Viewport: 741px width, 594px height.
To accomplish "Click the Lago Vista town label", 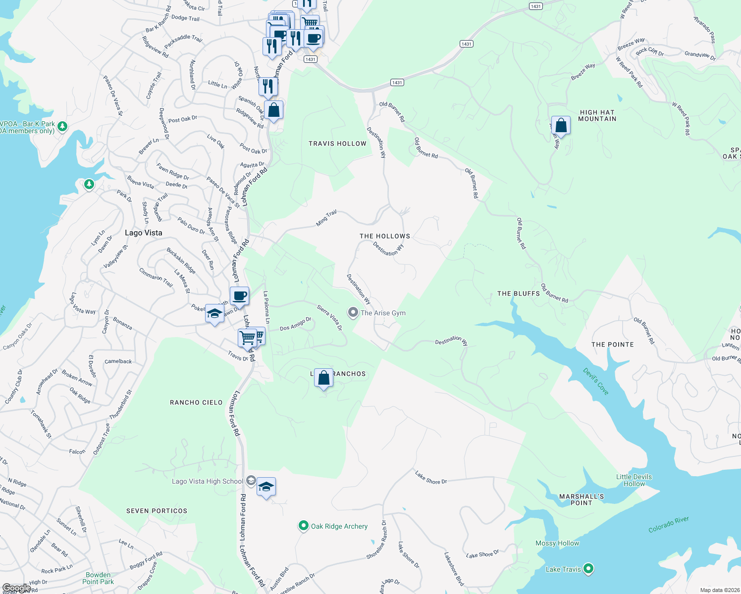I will (143, 233).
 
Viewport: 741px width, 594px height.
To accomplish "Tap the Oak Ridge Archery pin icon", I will (304, 526).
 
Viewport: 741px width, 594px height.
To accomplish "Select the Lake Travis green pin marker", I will (588, 569).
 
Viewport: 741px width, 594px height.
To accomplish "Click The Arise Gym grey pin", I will (353, 312).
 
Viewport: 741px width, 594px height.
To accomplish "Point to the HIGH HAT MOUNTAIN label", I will (597, 116).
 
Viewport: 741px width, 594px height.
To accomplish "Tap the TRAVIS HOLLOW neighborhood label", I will (337, 144).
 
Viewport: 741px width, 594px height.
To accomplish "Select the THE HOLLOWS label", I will (385, 236).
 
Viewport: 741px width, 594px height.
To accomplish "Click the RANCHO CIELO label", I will (196, 402).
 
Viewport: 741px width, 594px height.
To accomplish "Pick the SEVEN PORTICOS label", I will (157, 511).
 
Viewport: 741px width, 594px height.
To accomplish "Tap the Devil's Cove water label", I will (596, 381).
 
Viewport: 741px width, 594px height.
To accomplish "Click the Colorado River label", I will (669, 525).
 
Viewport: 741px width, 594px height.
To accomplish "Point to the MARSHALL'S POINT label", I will (582, 499).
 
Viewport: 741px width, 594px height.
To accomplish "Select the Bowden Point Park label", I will (98, 578).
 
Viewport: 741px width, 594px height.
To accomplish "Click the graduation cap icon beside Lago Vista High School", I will (266, 487).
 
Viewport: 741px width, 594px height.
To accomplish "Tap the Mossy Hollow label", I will (557, 543).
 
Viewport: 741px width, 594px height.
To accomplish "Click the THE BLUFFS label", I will (519, 294).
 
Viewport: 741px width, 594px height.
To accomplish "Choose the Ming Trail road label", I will (326, 218).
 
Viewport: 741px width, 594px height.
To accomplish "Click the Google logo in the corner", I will (16, 588).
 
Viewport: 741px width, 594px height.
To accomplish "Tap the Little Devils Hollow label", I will (634, 480).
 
